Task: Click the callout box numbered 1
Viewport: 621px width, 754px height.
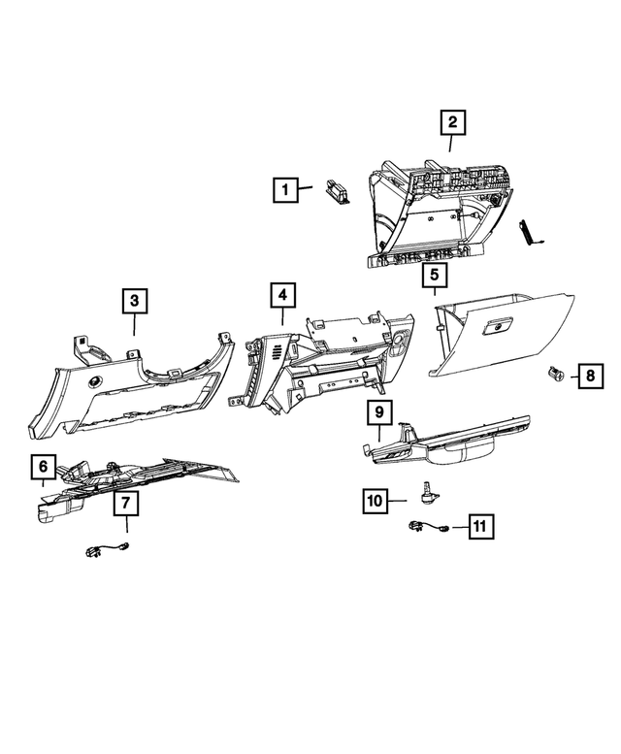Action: pyautogui.click(x=285, y=189)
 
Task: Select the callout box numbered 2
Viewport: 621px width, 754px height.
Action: pyautogui.click(x=452, y=123)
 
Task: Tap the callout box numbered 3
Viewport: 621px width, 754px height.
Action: pyautogui.click(x=135, y=302)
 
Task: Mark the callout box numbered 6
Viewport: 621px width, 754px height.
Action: pyautogui.click(x=44, y=468)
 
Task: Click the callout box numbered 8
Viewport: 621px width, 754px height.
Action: pyautogui.click(x=588, y=376)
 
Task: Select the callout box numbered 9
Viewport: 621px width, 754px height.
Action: pyautogui.click(x=379, y=413)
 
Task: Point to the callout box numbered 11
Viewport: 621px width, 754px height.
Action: pyautogui.click(x=478, y=526)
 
